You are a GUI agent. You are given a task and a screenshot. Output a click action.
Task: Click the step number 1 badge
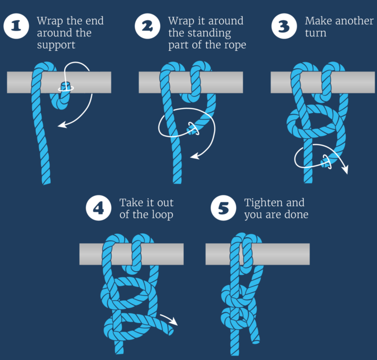pos(16,26)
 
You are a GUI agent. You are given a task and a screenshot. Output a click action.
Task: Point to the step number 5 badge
pos(224,208)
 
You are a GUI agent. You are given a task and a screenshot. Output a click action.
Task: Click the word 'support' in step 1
pos(57,46)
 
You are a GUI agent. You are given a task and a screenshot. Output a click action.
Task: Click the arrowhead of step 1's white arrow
pos(60,126)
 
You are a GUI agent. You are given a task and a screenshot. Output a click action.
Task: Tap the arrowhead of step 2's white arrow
pos(193,156)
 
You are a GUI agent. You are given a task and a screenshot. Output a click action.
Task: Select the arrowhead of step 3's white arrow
pos(346,171)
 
